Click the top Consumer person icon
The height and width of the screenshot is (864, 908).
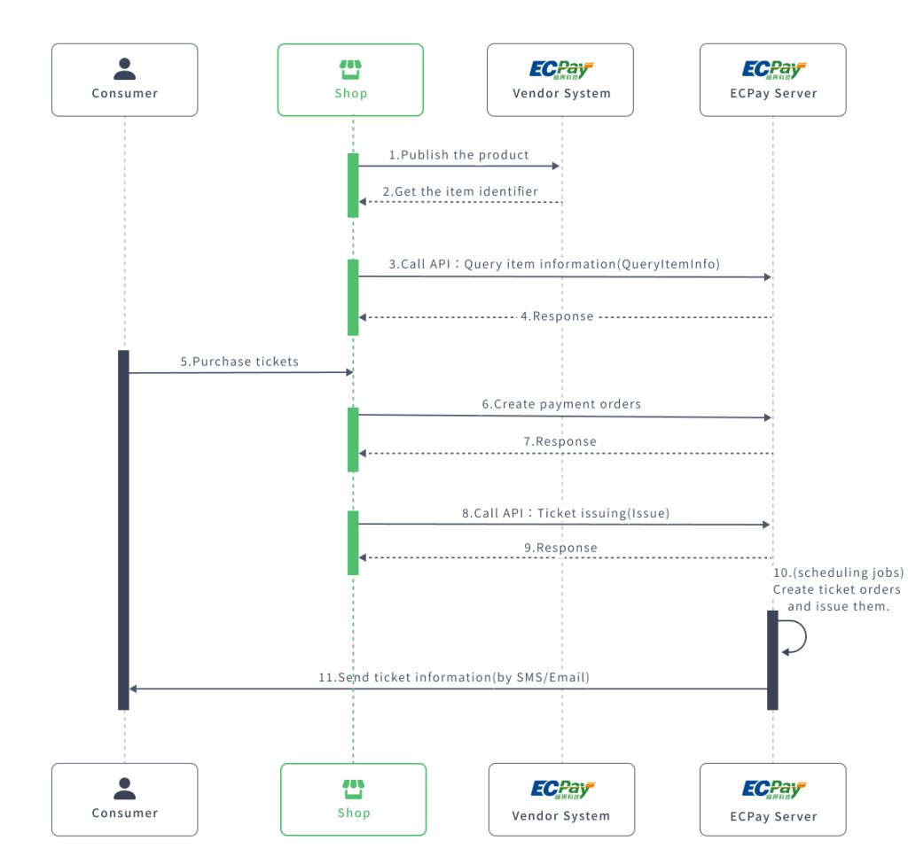point(124,69)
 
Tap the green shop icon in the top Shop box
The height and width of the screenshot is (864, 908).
point(351,69)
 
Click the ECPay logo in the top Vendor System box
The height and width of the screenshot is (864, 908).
point(561,69)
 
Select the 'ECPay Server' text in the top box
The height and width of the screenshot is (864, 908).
point(772,93)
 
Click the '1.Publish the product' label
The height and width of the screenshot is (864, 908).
point(458,155)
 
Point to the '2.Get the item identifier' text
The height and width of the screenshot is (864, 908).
point(460,191)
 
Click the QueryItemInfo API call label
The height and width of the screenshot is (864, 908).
point(554,265)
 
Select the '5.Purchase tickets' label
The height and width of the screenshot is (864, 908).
point(239,362)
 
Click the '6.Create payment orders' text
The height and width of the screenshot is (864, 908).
point(561,404)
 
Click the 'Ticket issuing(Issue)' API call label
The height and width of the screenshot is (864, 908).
point(566,512)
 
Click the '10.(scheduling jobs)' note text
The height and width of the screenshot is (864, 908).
point(838,573)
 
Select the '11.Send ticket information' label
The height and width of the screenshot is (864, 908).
point(454,677)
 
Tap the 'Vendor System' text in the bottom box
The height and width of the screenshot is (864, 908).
point(561,816)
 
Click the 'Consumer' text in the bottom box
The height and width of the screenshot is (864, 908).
point(124,813)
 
